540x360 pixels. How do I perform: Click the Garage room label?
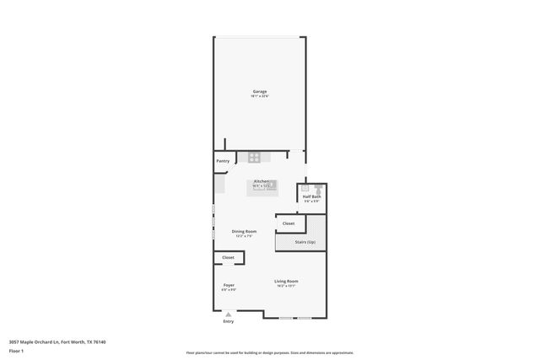[x=259, y=91]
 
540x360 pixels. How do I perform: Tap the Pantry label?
[x=223, y=161]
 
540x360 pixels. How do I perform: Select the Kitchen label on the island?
[x=262, y=181]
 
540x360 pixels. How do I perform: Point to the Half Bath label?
[x=312, y=196]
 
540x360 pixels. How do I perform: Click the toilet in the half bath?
[x=319, y=190]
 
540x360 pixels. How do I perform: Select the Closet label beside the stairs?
[x=289, y=223]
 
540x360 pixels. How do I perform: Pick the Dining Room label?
[x=245, y=230]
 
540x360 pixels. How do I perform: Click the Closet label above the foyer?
[x=228, y=257]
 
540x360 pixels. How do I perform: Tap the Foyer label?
[x=228, y=285]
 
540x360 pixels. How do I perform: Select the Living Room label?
[x=286, y=281]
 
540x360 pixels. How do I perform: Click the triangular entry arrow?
[x=228, y=313]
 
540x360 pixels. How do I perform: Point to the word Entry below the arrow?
[x=228, y=321]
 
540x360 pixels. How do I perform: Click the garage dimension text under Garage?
[x=259, y=96]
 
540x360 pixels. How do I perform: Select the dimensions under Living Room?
[x=286, y=286]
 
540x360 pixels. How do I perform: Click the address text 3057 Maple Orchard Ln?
[x=57, y=341]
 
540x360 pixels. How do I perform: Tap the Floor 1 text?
[x=16, y=351]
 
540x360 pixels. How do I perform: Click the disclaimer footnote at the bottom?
[x=269, y=353]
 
